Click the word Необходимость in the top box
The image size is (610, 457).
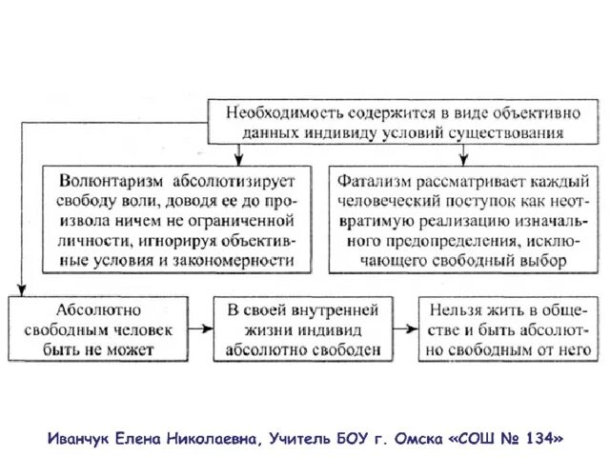(272, 111)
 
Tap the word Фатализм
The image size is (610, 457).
(373, 180)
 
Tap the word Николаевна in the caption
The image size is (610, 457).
(210, 439)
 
